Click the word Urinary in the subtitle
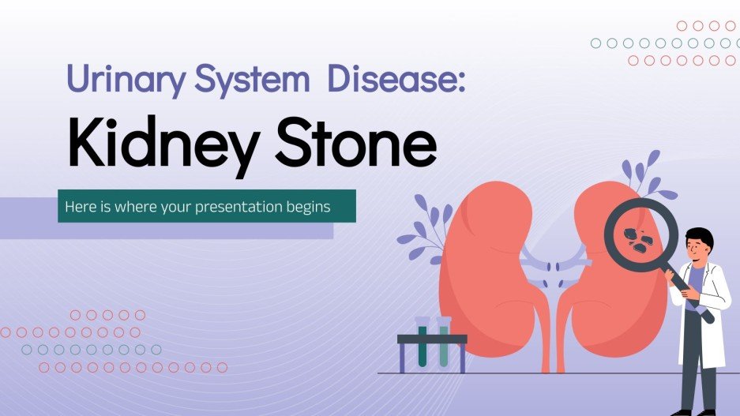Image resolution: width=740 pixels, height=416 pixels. coord(119,81)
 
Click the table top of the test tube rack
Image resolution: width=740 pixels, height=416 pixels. coord(432,339)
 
